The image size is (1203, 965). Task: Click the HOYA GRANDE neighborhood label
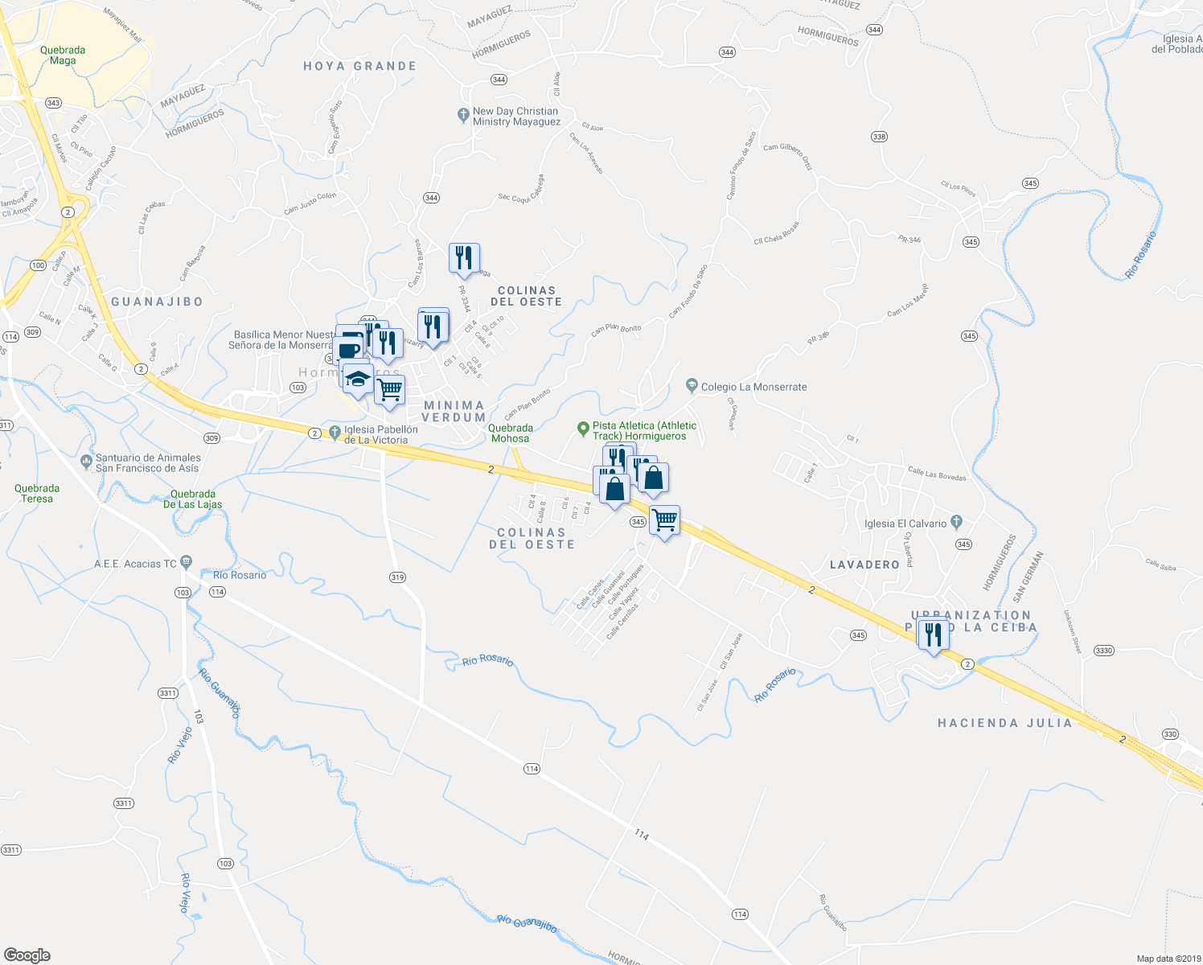point(359,66)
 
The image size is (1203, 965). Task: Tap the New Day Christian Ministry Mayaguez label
point(515,117)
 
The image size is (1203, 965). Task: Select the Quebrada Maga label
point(63,55)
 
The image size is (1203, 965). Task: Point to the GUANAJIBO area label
point(157,302)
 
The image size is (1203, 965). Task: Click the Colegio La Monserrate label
point(753,387)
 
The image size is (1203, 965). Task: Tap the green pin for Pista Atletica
point(584,429)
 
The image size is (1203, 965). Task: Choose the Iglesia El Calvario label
point(905,524)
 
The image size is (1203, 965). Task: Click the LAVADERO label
point(864,565)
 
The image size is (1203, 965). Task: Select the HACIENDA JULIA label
point(1005,723)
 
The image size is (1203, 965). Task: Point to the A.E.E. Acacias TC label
point(135,564)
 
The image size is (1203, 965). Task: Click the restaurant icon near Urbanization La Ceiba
point(933,635)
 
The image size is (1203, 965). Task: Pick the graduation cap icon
point(358,379)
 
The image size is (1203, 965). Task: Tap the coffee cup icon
point(349,349)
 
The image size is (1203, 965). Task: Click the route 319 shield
point(397,577)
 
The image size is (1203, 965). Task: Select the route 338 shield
point(879,137)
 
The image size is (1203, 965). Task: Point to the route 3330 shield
point(1104,651)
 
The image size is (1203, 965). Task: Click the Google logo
point(27,955)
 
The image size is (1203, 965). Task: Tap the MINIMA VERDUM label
point(454,412)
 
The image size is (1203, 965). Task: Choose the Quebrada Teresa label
point(37,493)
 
